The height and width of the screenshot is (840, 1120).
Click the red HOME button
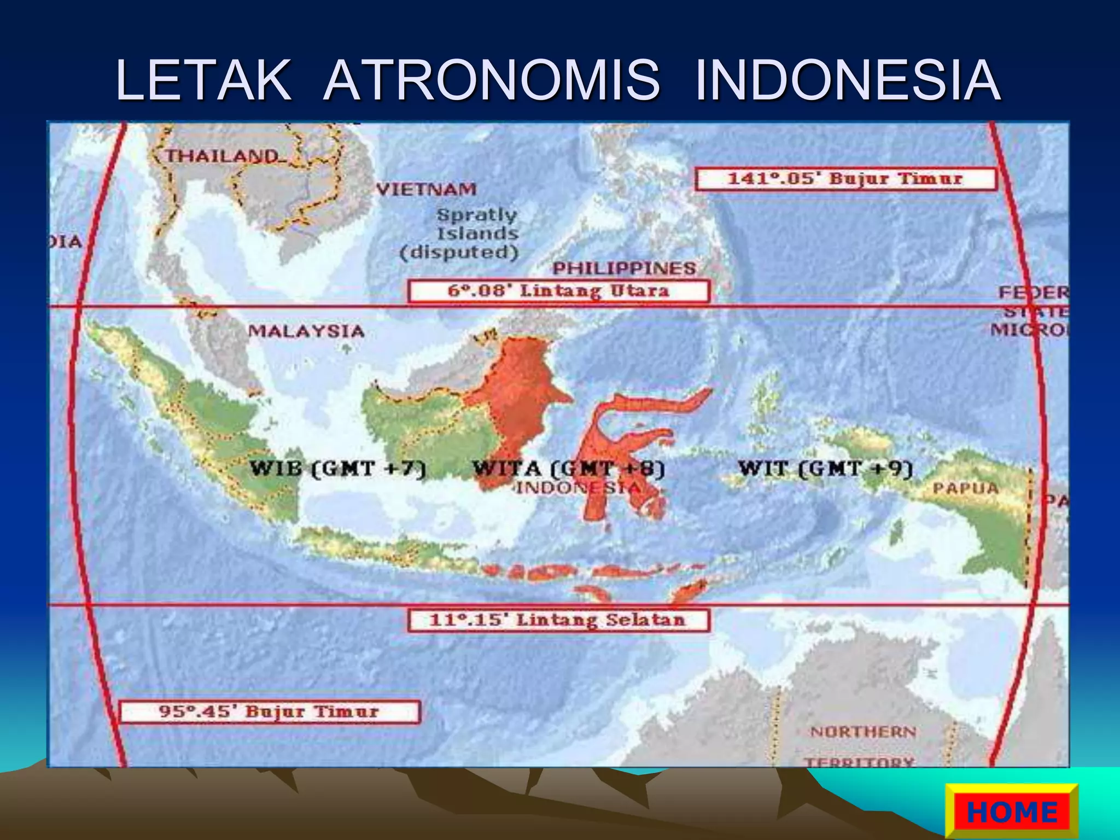tap(1012, 812)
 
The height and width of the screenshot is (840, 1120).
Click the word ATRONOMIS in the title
tap(492, 80)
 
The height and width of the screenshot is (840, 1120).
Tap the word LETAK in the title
tap(203, 80)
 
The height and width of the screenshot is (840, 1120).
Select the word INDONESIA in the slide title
tap(848, 80)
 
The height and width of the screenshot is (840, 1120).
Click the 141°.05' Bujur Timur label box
tap(845, 179)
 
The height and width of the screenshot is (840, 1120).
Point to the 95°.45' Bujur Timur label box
tap(270, 711)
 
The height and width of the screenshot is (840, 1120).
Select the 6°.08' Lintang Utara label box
tap(559, 290)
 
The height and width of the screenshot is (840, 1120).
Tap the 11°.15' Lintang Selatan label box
tap(558, 620)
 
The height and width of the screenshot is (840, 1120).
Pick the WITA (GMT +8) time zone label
tap(569, 469)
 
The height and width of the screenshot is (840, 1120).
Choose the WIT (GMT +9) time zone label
tap(825, 469)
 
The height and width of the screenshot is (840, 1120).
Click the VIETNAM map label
tap(427, 189)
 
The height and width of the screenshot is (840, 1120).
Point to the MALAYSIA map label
tap(306, 331)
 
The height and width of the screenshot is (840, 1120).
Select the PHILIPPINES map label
tap(624, 268)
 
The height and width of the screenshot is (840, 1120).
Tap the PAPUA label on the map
tap(965, 488)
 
